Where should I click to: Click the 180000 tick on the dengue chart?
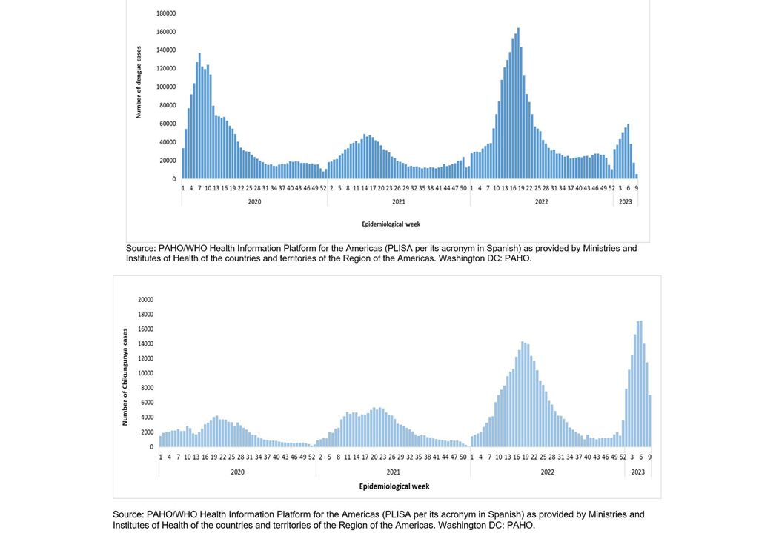pos(166,13)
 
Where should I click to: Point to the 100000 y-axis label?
pos(166,87)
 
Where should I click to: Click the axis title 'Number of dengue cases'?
pos(139,82)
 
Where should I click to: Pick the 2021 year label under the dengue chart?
pos(399,201)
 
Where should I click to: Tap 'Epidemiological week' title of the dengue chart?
pos(391,223)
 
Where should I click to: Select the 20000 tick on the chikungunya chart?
pos(145,300)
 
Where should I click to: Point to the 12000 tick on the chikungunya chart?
pos(145,358)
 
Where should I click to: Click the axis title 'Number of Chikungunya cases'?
pos(125,376)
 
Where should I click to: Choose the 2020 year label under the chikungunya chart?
pos(237,472)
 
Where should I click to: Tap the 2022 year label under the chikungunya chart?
pos(547,472)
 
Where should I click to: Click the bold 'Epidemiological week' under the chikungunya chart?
pos(394,486)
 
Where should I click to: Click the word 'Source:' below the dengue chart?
pos(141,249)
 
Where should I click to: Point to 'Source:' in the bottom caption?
pos(127,514)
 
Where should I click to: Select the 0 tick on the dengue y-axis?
pos(174,178)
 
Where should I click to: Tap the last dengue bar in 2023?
pos(636,176)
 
